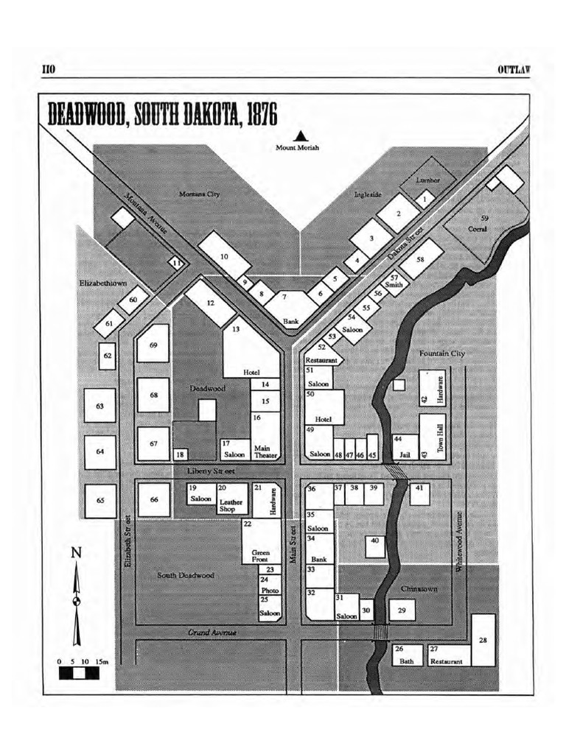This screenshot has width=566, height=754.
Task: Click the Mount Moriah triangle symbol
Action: (x=299, y=135)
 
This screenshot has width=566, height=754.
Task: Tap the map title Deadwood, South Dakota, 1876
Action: (x=162, y=115)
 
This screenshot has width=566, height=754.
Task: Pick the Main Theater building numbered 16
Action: (x=265, y=436)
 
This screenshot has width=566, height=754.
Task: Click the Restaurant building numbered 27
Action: (x=446, y=655)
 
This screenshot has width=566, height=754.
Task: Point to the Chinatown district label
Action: (x=419, y=589)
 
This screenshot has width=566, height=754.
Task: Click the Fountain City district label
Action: (x=442, y=353)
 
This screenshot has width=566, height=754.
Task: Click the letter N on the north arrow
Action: (x=76, y=554)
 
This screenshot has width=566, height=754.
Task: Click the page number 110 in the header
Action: (x=49, y=69)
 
